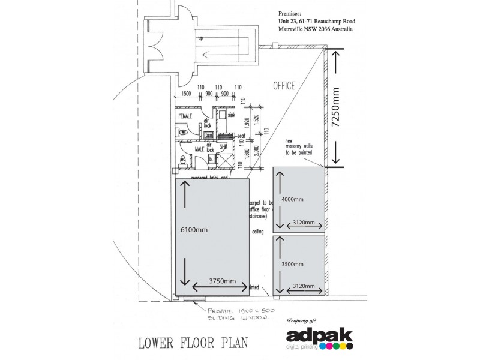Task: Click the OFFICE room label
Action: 284,86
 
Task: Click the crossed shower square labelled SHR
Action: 224,158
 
